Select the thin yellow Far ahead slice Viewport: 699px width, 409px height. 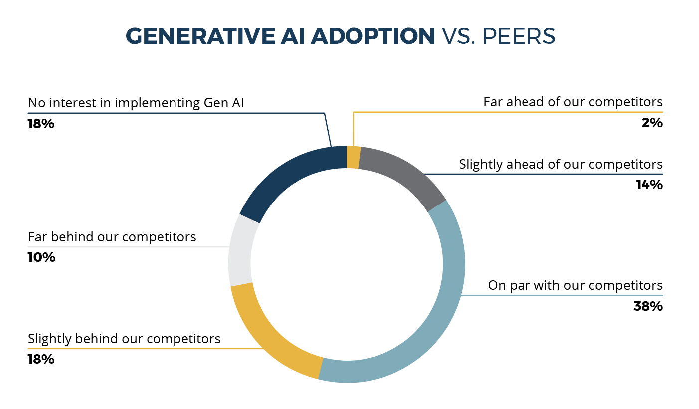353,157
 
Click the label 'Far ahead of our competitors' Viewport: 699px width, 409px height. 572,102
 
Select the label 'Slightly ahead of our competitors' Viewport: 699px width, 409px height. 560,164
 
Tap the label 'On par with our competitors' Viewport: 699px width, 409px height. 575,286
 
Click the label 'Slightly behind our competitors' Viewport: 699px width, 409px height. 124,339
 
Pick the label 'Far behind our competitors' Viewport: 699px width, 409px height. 112,237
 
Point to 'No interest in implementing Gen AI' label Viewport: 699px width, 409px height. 136,103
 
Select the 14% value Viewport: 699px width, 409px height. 649,185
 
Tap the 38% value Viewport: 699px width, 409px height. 648,306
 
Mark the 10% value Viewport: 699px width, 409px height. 41,258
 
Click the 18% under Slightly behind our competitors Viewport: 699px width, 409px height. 41,359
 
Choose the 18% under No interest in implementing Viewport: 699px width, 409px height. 41,124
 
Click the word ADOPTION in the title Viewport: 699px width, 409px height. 372,36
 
